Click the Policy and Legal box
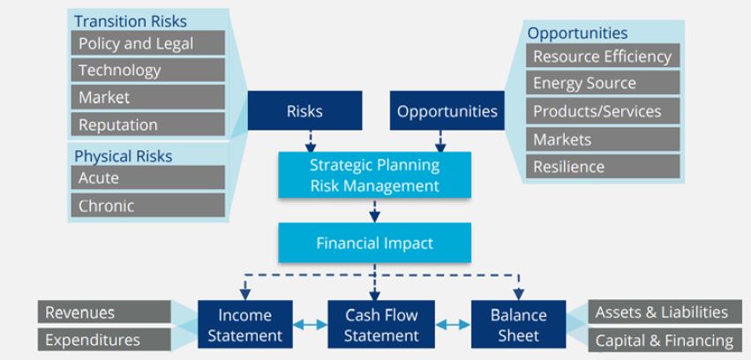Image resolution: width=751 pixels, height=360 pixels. (x=147, y=43)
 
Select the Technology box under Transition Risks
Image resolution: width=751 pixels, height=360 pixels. (x=147, y=71)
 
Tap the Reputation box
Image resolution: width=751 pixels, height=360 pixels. (x=147, y=124)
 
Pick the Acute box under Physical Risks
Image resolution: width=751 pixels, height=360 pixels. (x=147, y=178)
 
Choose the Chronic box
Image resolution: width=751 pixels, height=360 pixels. (x=147, y=206)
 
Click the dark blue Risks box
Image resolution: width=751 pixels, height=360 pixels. (x=304, y=111)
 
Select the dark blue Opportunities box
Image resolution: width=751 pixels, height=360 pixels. (x=447, y=111)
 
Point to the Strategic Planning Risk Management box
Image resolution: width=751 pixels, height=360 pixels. (x=374, y=176)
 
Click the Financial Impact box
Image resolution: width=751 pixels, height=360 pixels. (x=374, y=243)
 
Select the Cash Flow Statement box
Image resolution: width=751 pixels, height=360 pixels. (x=380, y=325)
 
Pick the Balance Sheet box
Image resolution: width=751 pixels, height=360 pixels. (x=518, y=325)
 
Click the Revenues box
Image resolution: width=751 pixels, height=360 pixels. (x=104, y=312)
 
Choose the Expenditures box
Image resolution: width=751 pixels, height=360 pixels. (x=104, y=340)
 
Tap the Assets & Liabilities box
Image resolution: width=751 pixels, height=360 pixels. (x=661, y=312)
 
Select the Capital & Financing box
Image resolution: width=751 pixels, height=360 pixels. (x=661, y=341)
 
